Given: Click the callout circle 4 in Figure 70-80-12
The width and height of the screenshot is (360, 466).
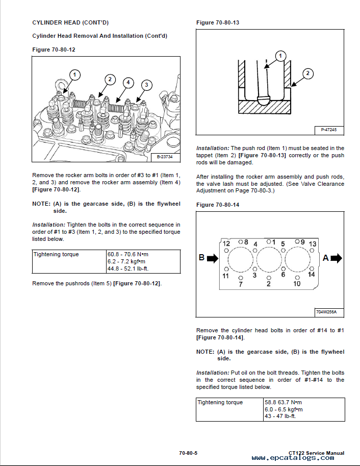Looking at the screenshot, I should pos(128,82).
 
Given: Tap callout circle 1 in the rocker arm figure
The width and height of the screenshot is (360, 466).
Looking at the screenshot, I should pos(75,75).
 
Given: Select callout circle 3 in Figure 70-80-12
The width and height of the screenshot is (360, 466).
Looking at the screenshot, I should pos(146,84).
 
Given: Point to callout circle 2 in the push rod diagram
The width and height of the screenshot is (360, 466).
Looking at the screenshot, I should pos(307,73).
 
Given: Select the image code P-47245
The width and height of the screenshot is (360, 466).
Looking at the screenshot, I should pos(329,130).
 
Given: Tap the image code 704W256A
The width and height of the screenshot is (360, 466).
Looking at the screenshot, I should pos(329,312).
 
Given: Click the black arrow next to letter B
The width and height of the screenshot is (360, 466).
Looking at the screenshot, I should pos(212,258).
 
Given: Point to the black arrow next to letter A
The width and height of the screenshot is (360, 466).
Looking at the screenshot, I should pos(336,258).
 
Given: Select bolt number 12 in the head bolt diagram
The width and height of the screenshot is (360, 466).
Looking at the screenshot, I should pos(226,243).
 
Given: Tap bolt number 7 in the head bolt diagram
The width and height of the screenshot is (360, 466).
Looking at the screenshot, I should pos(241,284).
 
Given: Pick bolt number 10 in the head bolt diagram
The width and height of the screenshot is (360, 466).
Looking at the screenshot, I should pos(297,284).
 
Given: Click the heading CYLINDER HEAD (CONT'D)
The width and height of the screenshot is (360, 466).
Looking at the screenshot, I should pos(70,22).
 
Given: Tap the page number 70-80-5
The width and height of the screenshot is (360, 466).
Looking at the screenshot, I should pos(188,453).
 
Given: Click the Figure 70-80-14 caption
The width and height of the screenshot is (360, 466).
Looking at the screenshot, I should pos(218,205).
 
